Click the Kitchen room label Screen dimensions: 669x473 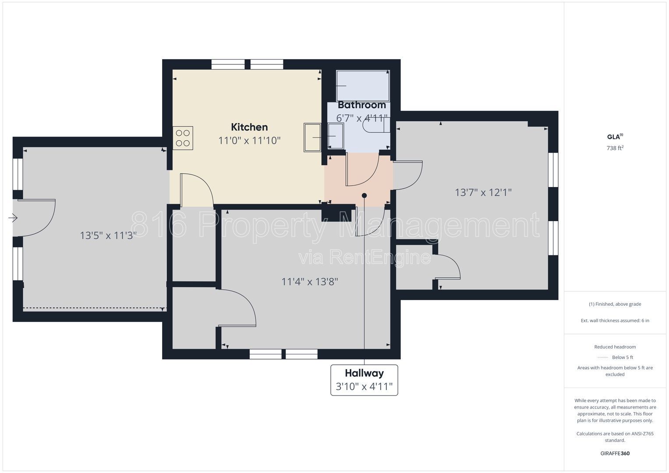coord(249,127)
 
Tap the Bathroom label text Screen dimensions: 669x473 coord(362,105)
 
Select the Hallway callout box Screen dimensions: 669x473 coord(364,380)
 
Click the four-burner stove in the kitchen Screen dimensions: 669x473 coord(183,138)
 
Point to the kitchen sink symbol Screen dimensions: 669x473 coord(312,138)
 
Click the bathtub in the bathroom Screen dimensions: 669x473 coord(363,86)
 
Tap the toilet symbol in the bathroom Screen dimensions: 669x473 coord(376,125)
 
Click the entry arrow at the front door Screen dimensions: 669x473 coord(13,218)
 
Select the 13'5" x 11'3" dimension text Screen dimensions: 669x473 coord(108,236)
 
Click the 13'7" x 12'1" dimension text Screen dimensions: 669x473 coord(483,192)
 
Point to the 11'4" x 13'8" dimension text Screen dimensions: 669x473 coord(310,282)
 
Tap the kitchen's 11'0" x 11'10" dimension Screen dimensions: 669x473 coord(249,140)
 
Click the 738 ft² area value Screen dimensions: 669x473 coord(615,148)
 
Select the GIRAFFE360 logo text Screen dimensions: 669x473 coord(615,453)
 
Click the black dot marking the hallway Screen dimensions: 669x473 coord(364,196)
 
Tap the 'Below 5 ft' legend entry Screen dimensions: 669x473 coord(615,357)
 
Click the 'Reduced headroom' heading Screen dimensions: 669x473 coord(615,347)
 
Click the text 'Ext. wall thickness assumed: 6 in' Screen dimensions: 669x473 coord(615,321)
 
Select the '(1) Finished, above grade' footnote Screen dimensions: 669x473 coord(615,304)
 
